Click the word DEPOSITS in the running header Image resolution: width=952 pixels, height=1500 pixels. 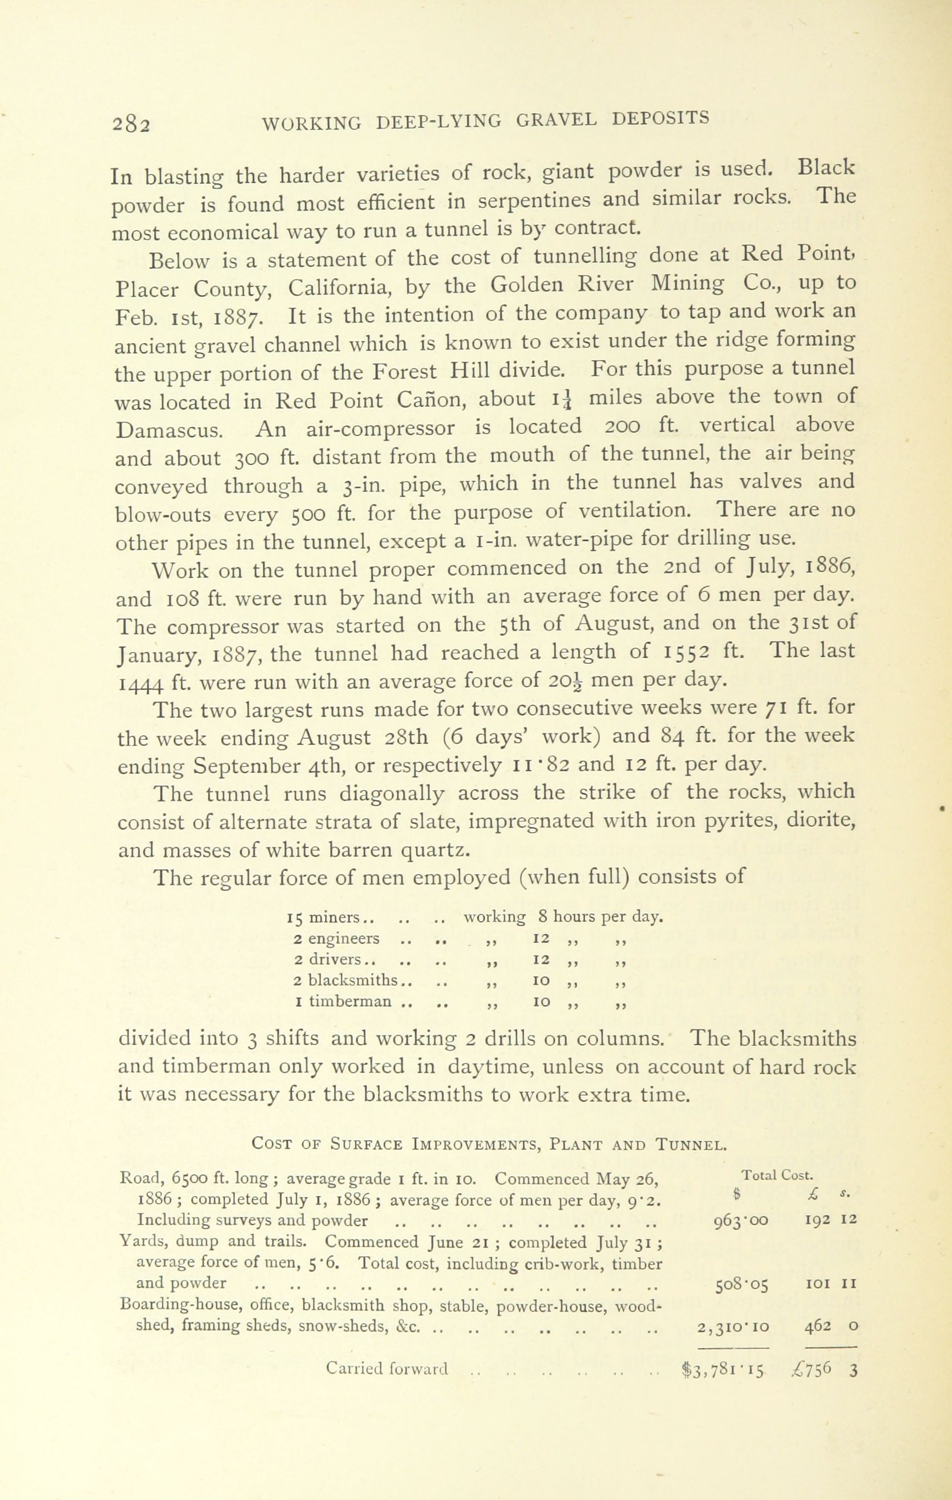tap(661, 118)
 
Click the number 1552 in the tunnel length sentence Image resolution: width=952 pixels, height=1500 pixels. tap(681, 652)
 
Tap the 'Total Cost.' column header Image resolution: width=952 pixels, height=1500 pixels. tap(778, 1175)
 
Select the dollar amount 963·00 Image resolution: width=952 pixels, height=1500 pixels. tap(741, 1220)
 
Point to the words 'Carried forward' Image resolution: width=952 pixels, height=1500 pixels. tap(387, 1368)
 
